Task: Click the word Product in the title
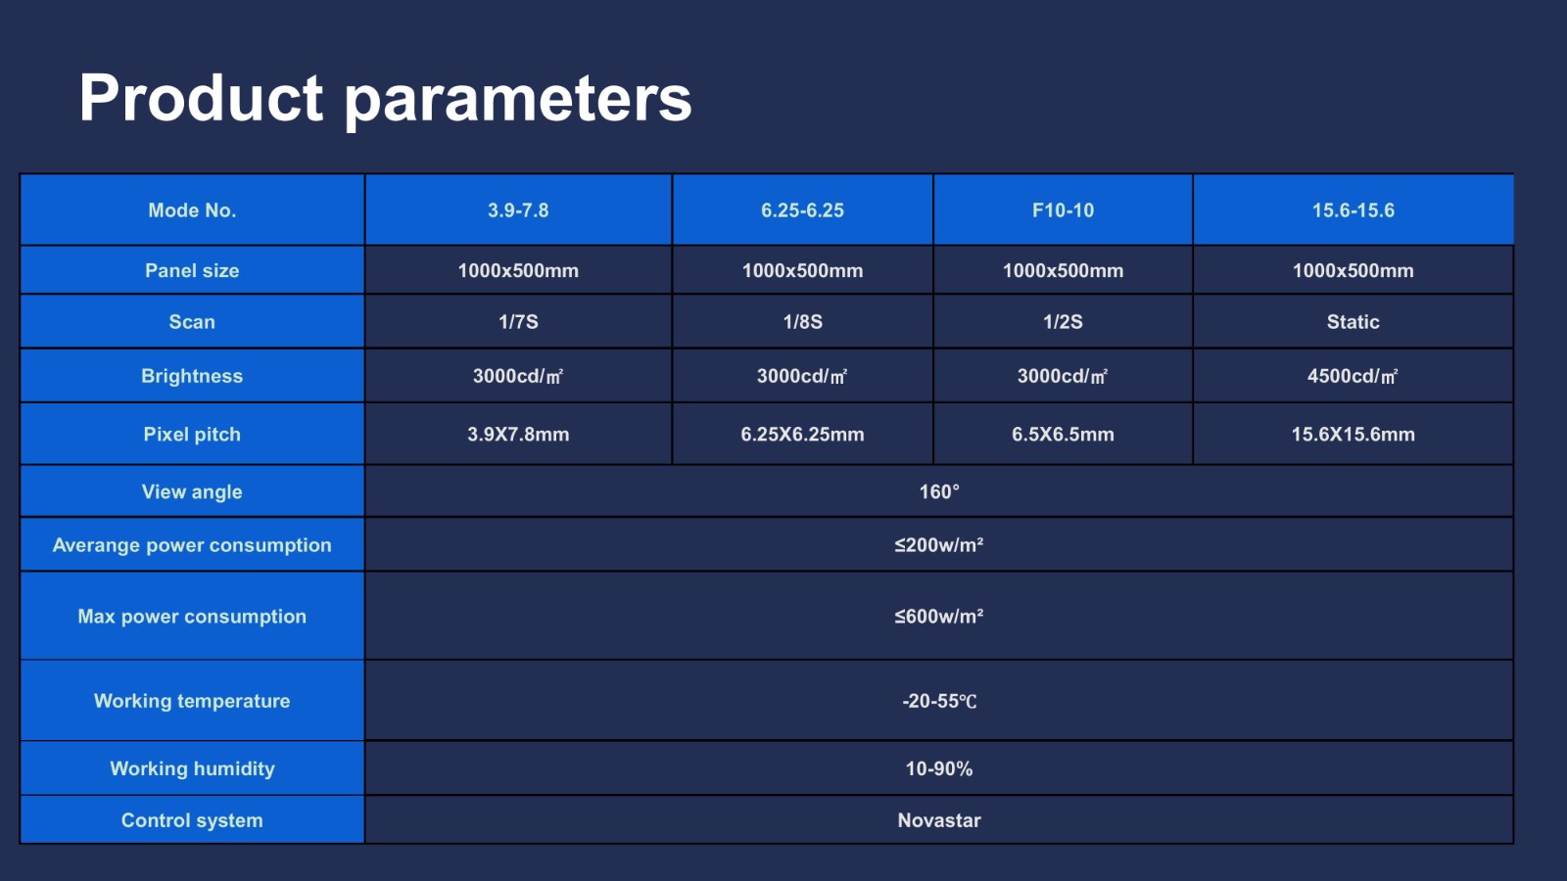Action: [x=201, y=98]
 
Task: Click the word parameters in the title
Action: [x=518, y=102]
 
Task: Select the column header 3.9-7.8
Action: [x=518, y=210]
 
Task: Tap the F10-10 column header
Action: [x=1063, y=210]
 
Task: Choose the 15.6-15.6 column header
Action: [x=1353, y=210]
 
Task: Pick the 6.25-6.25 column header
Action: [x=802, y=210]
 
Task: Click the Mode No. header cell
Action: [x=192, y=210]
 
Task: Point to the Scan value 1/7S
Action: [x=518, y=322]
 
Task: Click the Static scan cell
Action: [x=1353, y=322]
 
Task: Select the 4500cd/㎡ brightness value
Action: [x=1353, y=376]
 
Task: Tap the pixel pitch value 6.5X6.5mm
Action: [x=1063, y=435]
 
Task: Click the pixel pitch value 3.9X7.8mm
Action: [x=518, y=435]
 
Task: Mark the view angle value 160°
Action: [x=939, y=491]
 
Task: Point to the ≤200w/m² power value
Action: [x=939, y=544]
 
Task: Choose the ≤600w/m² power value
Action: [x=939, y=616]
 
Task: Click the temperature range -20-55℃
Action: [x=939, y=701]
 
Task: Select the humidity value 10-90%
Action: [x=939, y=768]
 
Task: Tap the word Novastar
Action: [x=939, y=820]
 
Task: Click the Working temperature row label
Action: [x=192, y=701]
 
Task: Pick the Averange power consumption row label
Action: [x=192, y=544]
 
